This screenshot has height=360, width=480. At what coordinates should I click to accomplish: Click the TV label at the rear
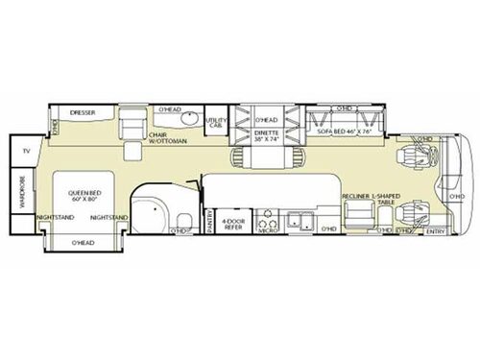26,151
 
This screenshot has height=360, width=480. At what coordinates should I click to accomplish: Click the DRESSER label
83,113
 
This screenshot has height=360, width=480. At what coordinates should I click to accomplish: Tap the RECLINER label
358,195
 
